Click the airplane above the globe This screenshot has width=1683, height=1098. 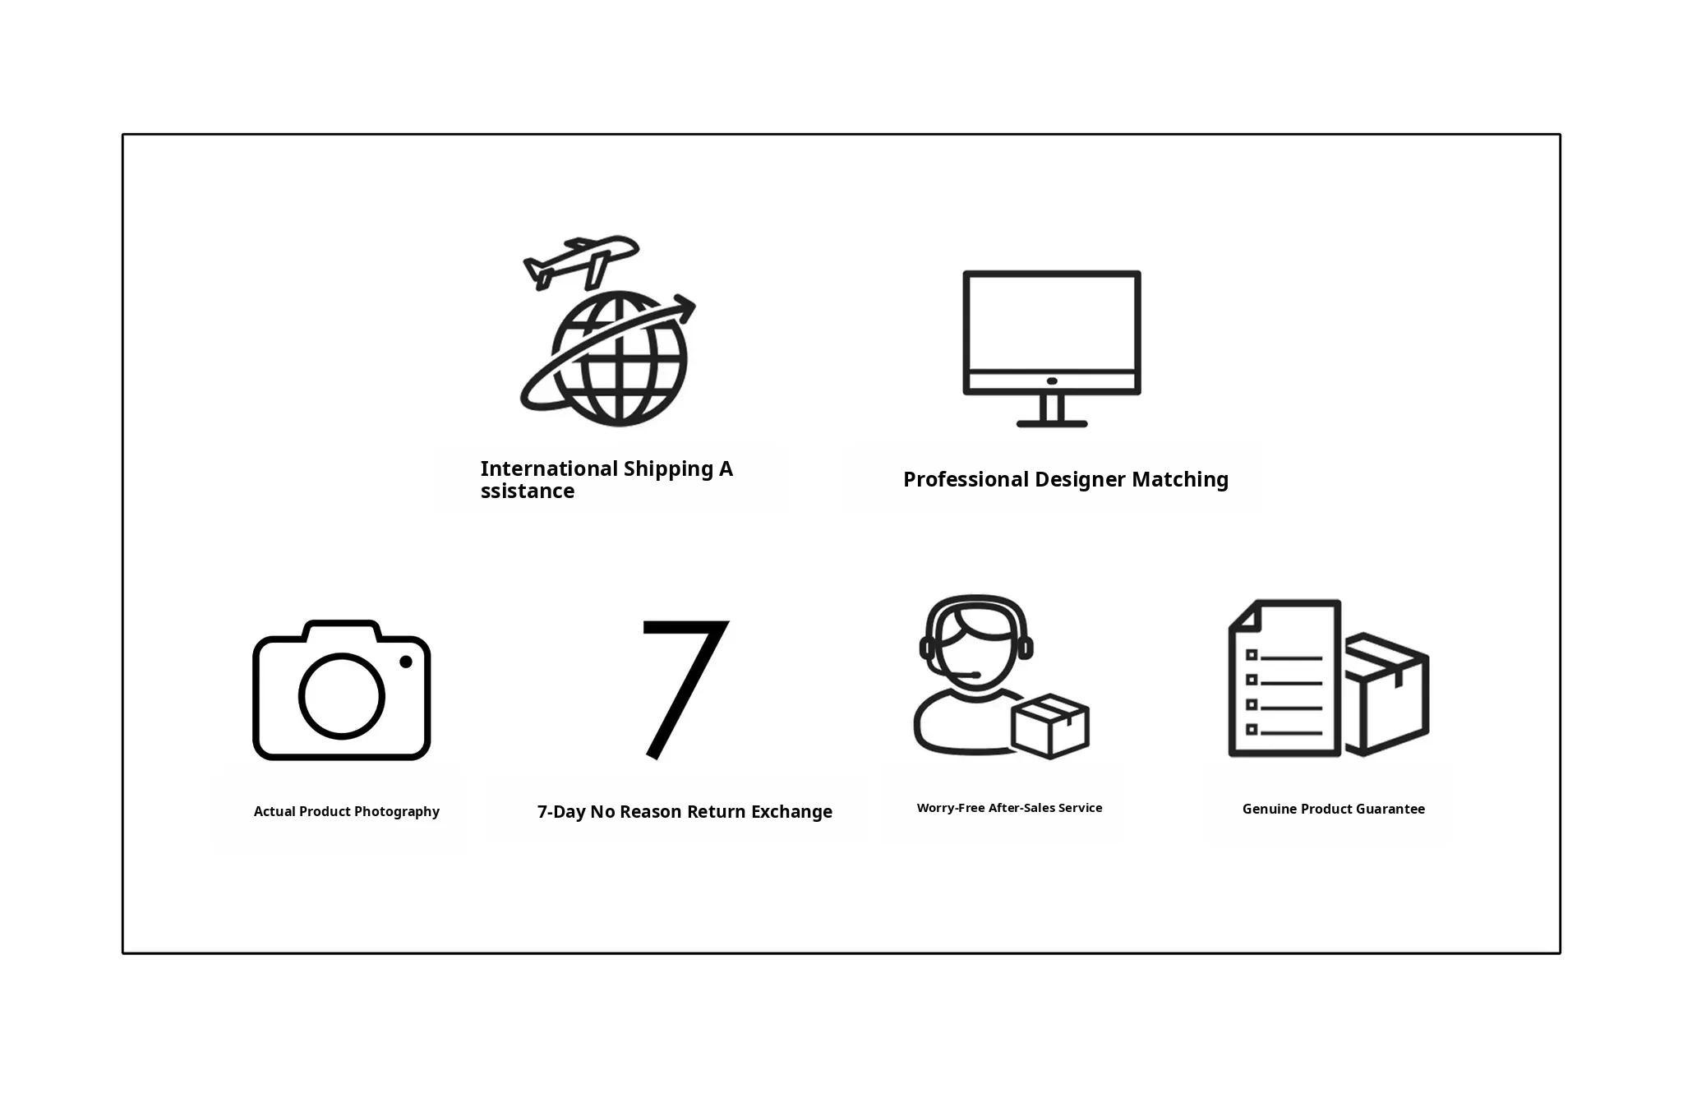(x=580, y=262)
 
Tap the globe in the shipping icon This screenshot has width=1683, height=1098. (x=619, y=359)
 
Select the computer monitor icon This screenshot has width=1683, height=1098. (x=1052, y=348)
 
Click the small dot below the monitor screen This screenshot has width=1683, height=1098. (x=1052, y=381)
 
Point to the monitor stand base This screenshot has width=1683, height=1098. (x=1052, y=423)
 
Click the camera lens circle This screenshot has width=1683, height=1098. (x=341, y=696)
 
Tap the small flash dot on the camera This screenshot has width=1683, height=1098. (x=406, y=662)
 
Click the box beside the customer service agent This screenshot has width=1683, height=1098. (x=1050, y=726)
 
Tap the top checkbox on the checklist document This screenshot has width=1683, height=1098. (x=1252, y=655)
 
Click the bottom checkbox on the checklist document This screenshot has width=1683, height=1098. (x=1252, y=729)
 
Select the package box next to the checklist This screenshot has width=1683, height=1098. (x=1387, y=694)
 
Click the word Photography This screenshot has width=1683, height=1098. (x=397, y=812)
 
